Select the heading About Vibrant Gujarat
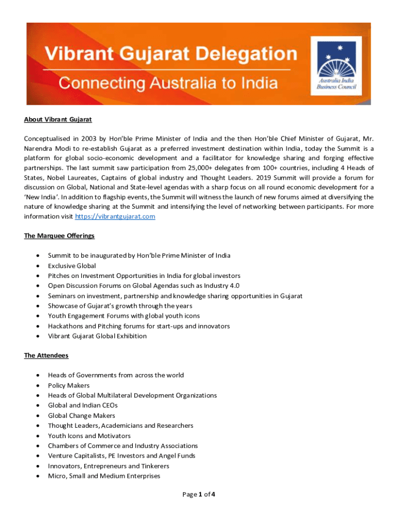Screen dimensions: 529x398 [x=58, y=119]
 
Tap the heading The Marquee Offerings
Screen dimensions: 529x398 [x=59, y=236]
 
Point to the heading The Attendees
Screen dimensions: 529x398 [x=46, y=355]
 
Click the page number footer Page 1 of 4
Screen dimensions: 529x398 [x=199, y=494]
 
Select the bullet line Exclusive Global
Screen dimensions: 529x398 [x=72, y=266]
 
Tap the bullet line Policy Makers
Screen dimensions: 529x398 [x=69, y=385]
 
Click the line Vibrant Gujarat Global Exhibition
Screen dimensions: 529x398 [x=97, y=336]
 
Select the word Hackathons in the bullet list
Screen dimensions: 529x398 [x=65, y=326]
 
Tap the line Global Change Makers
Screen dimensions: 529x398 [x=82, y=415]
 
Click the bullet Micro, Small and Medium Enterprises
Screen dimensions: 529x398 [x=104, y=476]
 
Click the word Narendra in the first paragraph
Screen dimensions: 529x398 [x=39, y=148]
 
